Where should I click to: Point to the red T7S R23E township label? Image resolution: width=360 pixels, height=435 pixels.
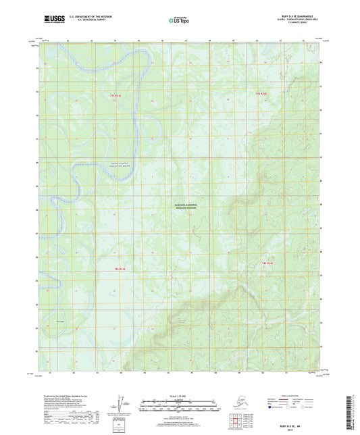tap(117, 96)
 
